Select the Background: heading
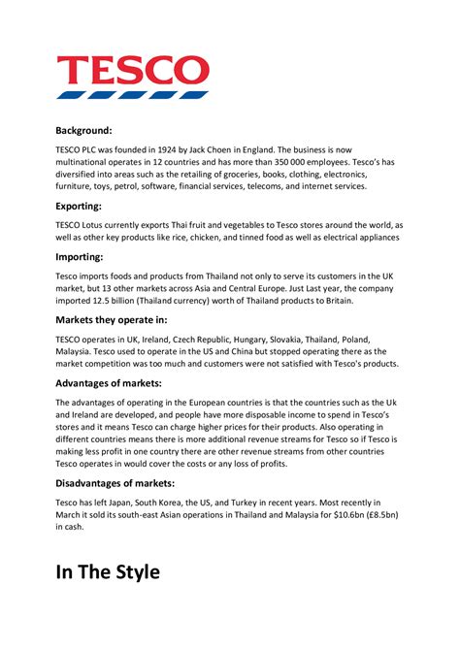point(83,129)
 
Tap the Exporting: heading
point(83,206)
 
